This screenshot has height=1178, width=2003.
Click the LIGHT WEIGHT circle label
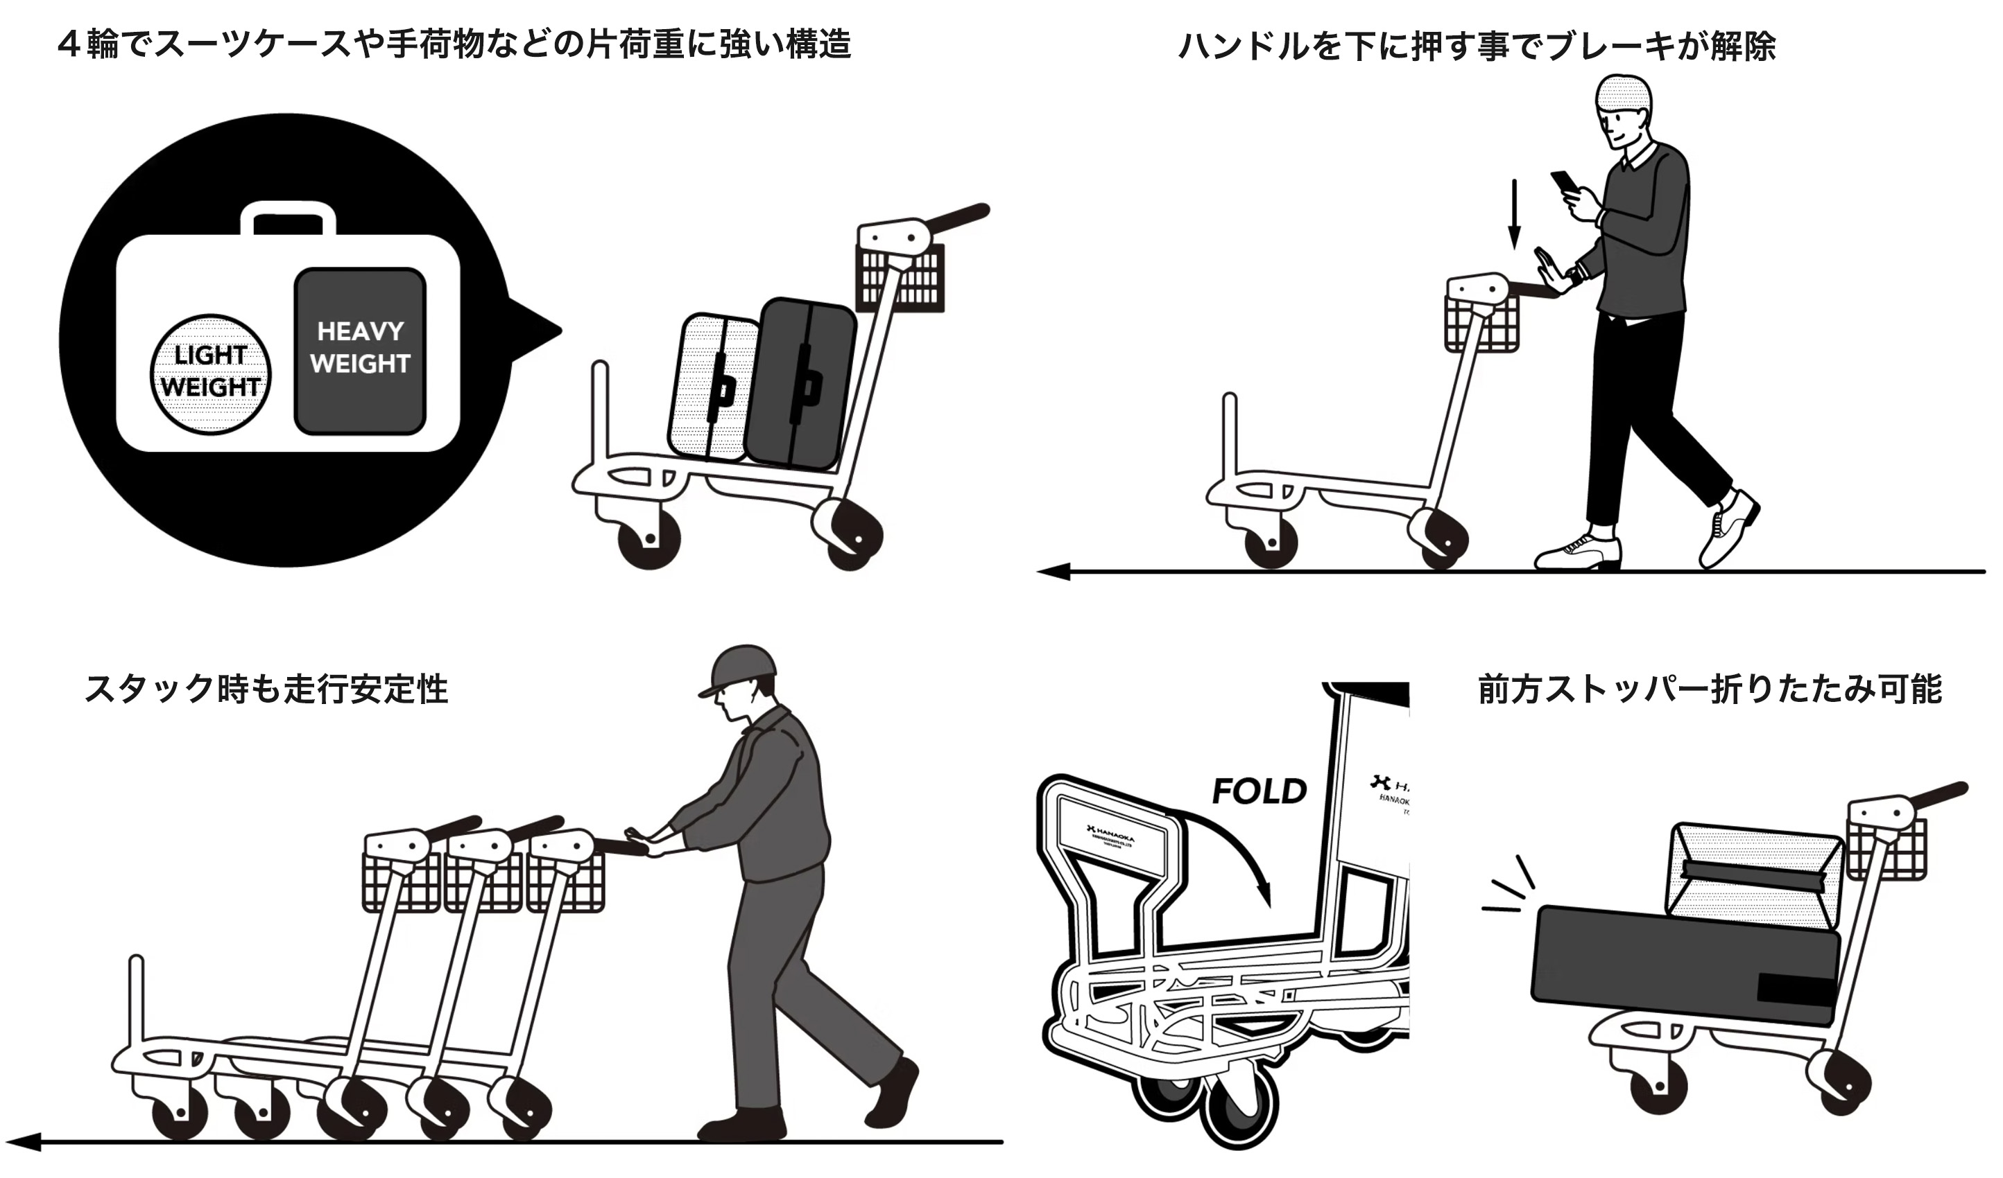(211, 373)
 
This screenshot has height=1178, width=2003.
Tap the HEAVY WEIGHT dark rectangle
(360, 349)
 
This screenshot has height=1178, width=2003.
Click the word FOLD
(1258, 791)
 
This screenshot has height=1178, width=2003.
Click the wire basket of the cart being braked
(1481, 324)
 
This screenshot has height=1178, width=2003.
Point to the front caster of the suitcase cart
(649, 538)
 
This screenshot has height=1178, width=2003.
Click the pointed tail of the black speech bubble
(540, 330)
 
